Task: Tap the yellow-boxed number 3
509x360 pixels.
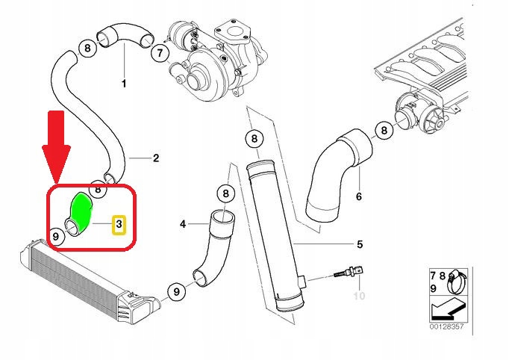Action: pos(119,225)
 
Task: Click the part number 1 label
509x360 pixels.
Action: pos(124,84)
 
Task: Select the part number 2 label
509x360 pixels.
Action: pos(156,158)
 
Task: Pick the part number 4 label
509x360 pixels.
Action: pos(183,224)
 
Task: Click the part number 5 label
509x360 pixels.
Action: pos(360,243)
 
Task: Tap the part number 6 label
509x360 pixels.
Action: pos(359,196)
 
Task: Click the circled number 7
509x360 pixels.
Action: pos(160,53)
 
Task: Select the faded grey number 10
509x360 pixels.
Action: pos(359,296)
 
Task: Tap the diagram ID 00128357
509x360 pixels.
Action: pos(446,326)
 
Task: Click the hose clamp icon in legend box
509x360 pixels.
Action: pos(457,282)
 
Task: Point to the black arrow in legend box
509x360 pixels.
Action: pos(448,309)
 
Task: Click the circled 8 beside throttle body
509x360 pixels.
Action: pos(384,131)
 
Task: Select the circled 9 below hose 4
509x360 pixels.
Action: pos(176,291)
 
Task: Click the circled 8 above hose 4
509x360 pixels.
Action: pos(225,194)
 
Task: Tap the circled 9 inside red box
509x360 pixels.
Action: pos(56,236)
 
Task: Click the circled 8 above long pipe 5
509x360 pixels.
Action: pos(254,139)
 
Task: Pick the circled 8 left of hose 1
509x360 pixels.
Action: pos(87,49)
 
